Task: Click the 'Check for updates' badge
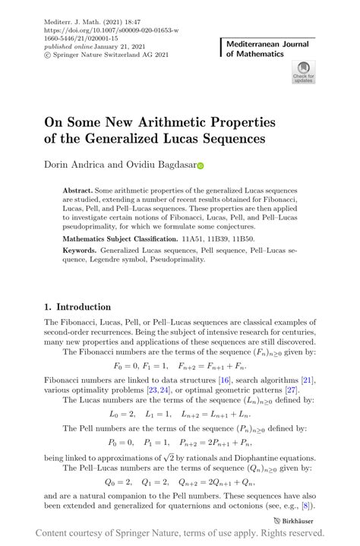(303, 72)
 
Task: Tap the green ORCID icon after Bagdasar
(201, 164)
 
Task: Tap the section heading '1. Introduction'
(78, 308)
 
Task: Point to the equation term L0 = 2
(122, 415)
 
